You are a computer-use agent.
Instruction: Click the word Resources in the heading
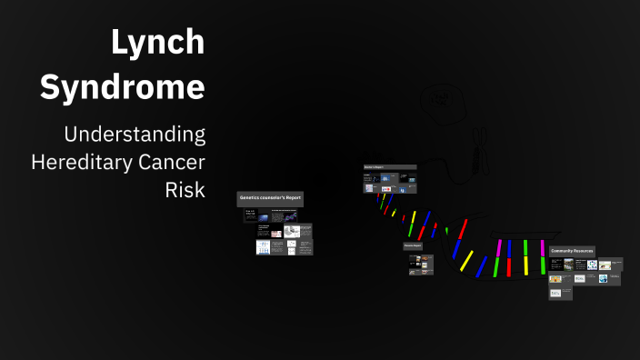[x=584, y=250]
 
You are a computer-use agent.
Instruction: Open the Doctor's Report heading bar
[x=390, y=167]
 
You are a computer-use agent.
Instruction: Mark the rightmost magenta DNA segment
[x=543, y=247]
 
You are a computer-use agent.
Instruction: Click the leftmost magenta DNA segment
[x=498, y=248]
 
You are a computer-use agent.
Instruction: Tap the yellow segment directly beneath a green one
[x=525, y=265]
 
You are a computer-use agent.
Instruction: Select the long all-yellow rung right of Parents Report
[x=466, y=261]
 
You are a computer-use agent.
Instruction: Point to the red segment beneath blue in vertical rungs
[x=509, y=266]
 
